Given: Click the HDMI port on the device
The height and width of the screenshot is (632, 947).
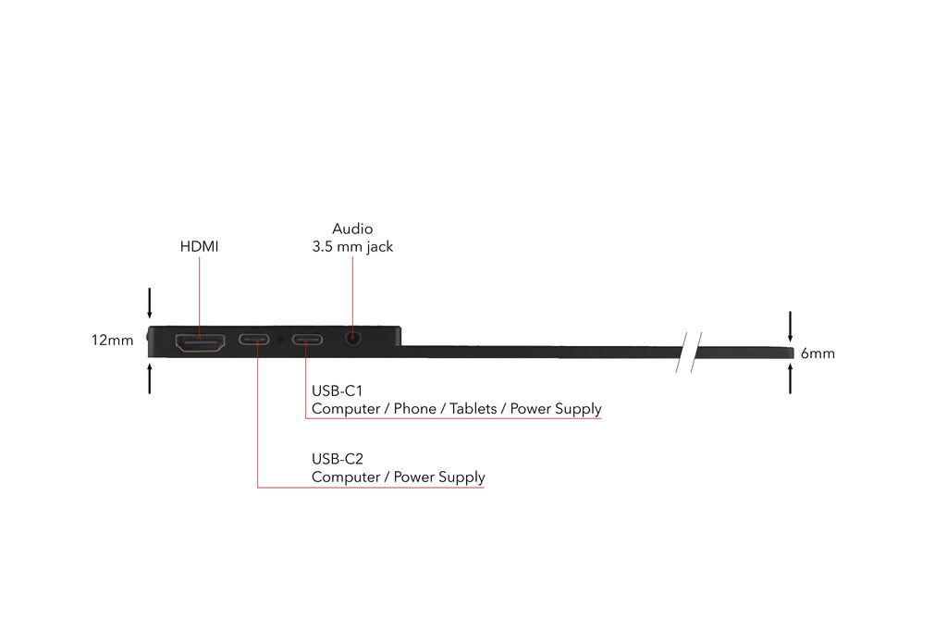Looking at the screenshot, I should coord(199,343).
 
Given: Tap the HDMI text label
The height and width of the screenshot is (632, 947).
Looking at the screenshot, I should coord(199,247).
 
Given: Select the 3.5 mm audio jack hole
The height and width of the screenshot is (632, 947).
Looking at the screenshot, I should coord(352,339).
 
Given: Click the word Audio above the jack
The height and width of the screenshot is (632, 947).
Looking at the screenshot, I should coord(352,229).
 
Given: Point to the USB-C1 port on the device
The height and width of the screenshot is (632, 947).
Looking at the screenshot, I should coord(308,340).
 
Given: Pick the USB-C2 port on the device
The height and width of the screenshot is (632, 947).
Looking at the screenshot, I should coord(255,340).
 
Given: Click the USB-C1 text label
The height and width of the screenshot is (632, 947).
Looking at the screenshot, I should coord(337,390).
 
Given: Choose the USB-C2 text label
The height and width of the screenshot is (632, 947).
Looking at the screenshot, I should coord(337,458).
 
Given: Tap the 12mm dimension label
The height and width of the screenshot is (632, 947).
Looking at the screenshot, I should coord(112,341).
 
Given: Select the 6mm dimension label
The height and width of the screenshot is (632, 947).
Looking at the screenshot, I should coord(818,353).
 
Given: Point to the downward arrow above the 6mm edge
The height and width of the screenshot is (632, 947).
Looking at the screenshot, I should coord(790,326).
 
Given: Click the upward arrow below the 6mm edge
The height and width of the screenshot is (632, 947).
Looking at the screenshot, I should coord(790,378).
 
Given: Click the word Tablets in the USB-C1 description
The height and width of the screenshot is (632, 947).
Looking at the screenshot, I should coord(473,409).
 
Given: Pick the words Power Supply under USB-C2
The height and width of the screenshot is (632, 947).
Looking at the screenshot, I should coord(439,477).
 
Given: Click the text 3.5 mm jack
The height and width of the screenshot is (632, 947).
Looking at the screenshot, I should coord(352,247).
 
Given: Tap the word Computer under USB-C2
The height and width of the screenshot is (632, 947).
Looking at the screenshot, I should coord(348,477).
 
